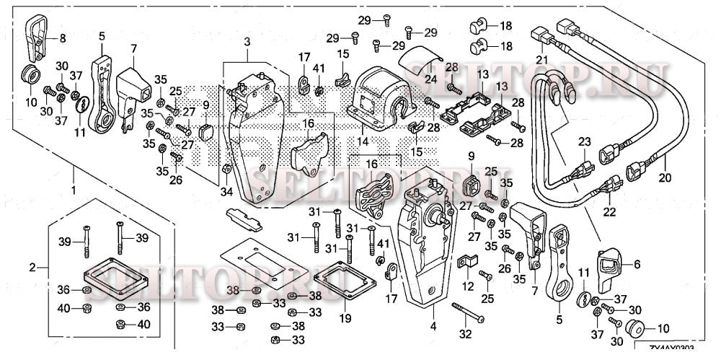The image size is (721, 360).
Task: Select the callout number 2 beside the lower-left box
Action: click(32, 268)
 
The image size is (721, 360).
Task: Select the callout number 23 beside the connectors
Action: click(584, 142)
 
